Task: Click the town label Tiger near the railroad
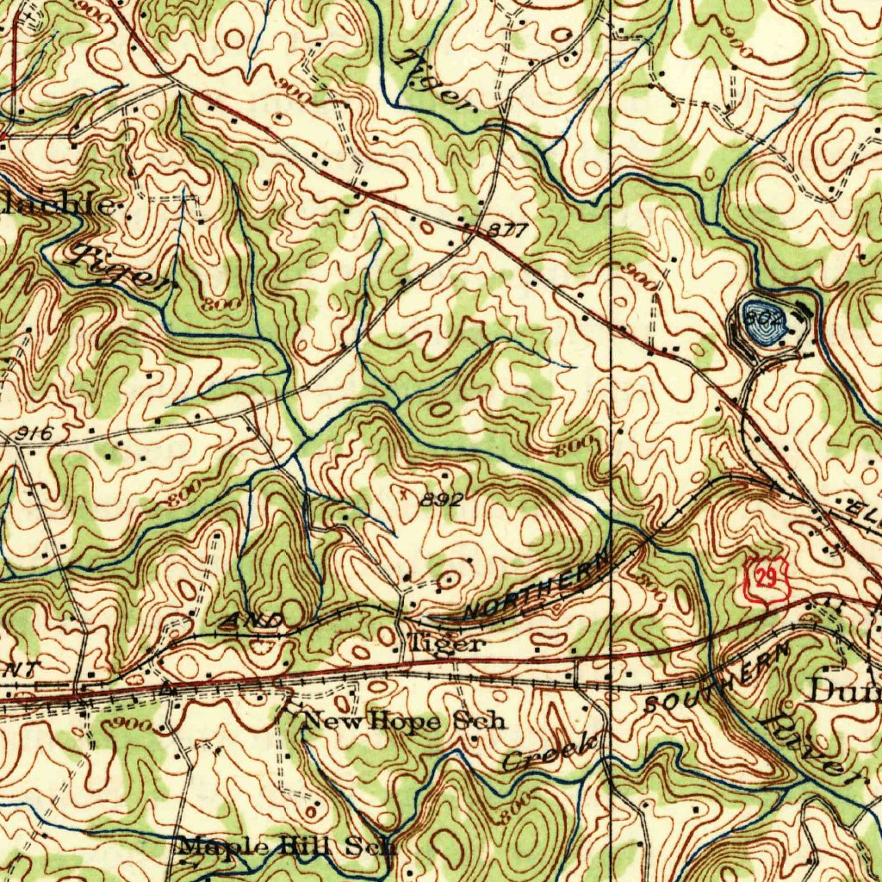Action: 446,643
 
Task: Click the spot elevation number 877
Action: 506,230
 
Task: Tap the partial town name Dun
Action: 844,690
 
